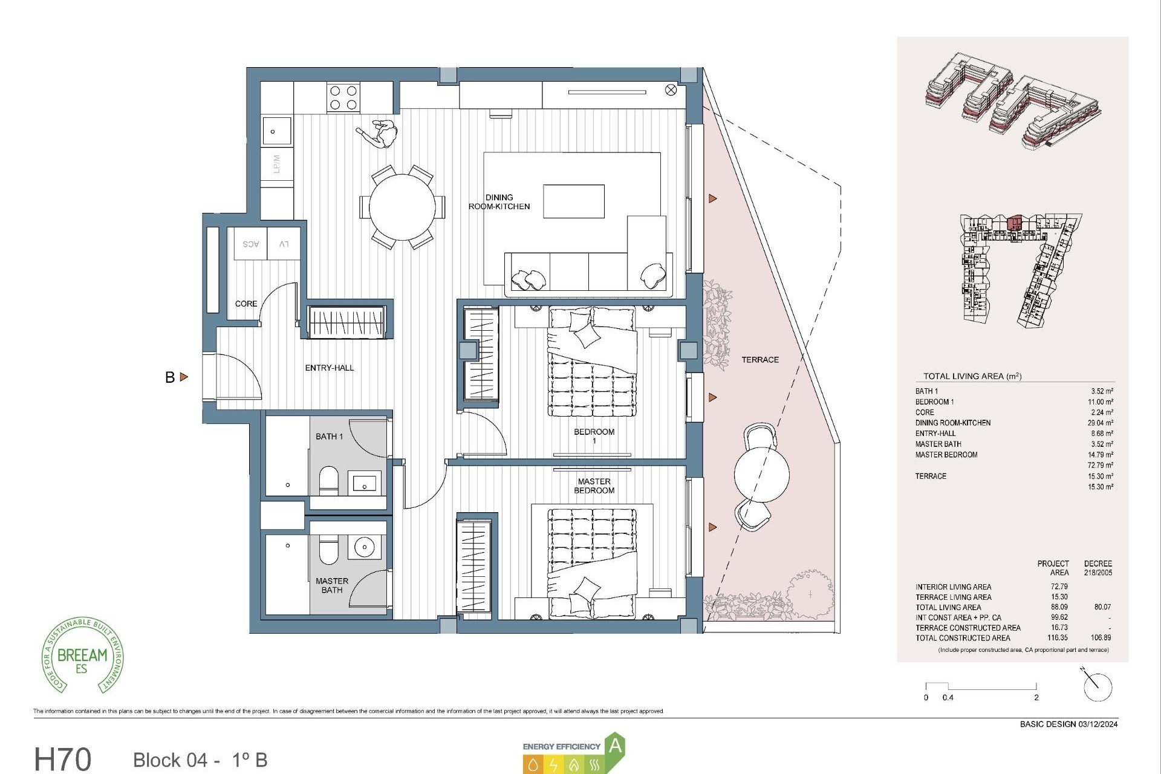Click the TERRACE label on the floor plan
pos(760,360)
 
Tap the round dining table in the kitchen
pos(402,207)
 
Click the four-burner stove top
pos(343,98)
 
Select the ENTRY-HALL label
pos(329,368)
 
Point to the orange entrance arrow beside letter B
pos(184,377)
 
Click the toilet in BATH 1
pos(329,481)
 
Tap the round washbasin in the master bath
pos(365,548)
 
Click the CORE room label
pos(246,304)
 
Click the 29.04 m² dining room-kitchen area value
pos(1100,423)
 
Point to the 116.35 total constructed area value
pos(1058,637)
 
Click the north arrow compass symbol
pos(1097,686)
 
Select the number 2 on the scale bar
pos(1036,697)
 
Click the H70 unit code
pos(63,759)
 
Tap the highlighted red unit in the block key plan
pos(1015,223)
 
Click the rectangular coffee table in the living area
pos(573,201)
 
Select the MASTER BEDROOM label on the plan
pos(594,486)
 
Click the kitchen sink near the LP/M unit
pos(276,131)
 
